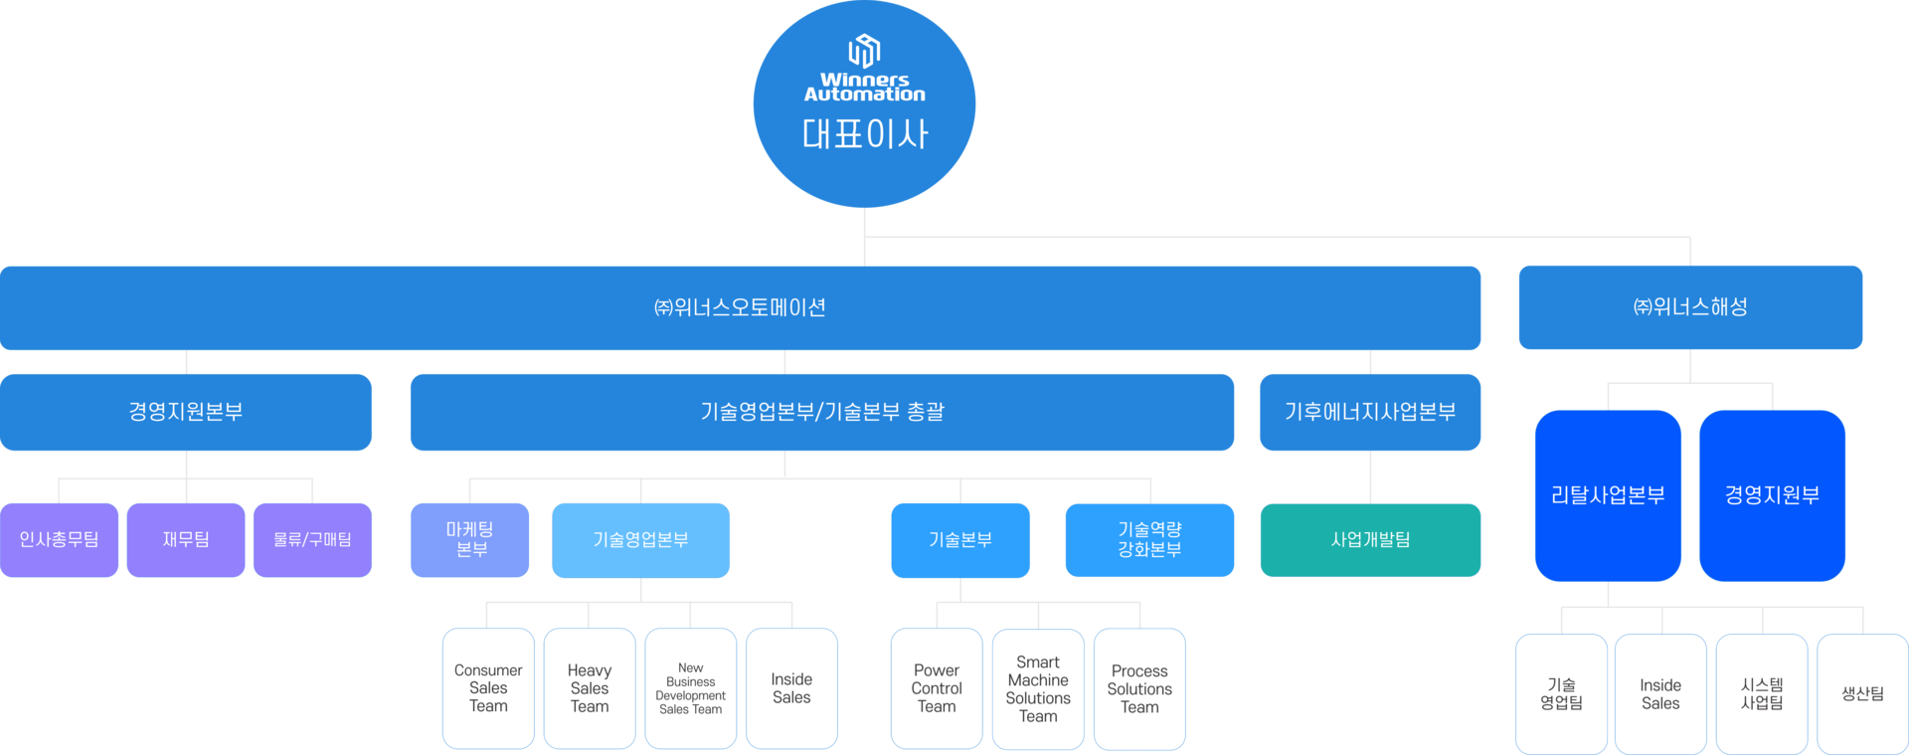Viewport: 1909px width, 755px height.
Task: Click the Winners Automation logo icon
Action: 864,50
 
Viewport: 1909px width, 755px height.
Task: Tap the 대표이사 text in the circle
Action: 864,134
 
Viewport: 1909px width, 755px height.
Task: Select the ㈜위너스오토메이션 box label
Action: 740,307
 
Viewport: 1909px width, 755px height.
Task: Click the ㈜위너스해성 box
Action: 1690,307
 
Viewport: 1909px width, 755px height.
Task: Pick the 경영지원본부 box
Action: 186,412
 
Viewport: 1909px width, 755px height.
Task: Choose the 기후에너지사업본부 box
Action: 1370,412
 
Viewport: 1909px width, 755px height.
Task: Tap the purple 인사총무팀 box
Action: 60,539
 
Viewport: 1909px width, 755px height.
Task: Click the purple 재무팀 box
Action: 186,539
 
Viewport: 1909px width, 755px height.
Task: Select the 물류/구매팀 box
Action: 312,539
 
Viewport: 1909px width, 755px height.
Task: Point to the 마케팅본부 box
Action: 469,539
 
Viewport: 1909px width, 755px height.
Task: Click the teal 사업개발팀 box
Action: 1370,539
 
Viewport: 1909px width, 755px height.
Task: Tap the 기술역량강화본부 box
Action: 1149,539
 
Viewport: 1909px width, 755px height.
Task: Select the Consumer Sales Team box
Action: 488,688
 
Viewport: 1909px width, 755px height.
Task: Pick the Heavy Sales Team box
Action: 590,688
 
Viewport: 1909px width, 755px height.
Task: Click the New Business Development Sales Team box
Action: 691,688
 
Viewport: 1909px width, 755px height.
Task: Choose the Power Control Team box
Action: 937,688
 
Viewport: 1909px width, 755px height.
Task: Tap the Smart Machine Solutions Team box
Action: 1038,688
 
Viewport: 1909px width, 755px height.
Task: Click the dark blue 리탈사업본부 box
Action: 1608,495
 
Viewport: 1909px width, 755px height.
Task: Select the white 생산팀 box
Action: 1862,693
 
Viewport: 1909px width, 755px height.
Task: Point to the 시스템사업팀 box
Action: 1762,693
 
